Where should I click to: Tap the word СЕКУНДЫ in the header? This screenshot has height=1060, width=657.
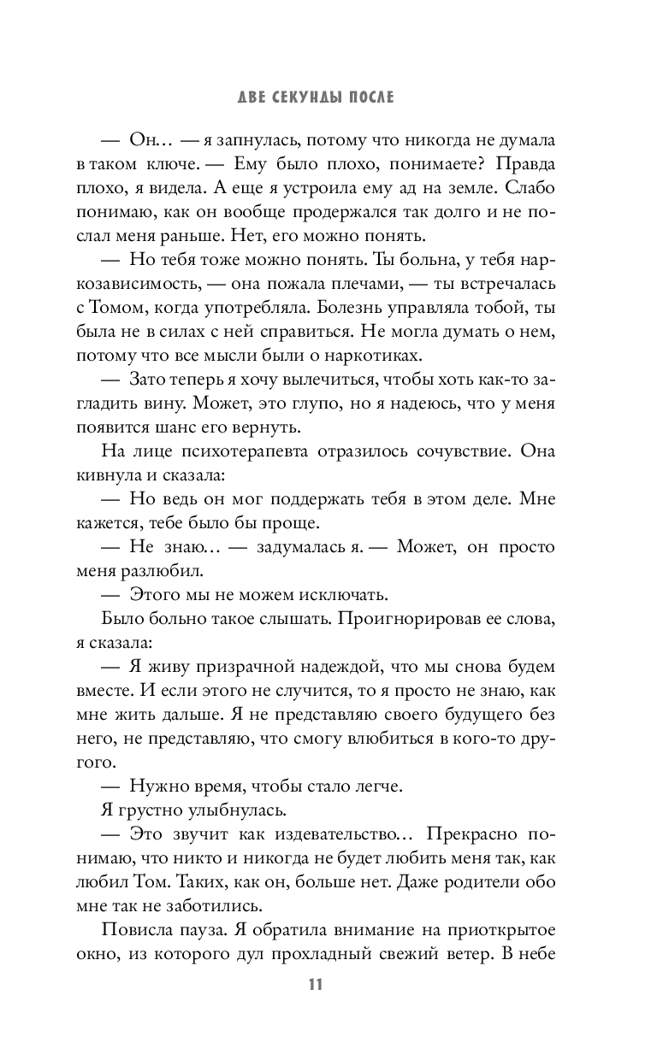click(x=311, y=98)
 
